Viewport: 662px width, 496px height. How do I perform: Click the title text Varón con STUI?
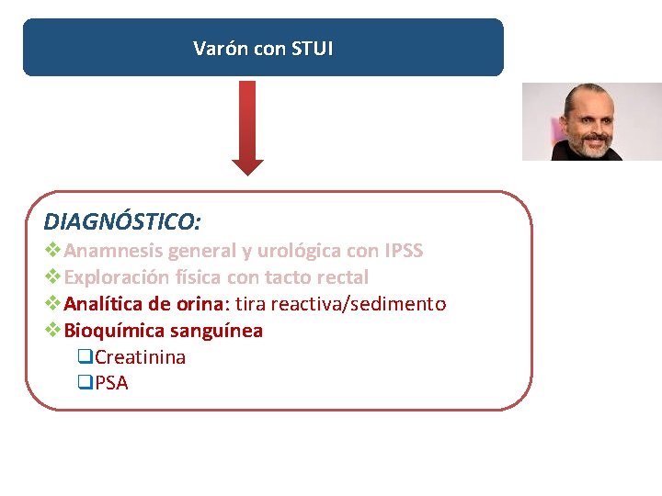click(x=263, y=49)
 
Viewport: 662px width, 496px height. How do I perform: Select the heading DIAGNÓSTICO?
click(x=122, y=221)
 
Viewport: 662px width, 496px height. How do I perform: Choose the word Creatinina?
click(x=140, y=357)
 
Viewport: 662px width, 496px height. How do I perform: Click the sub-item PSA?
click(x=111, y=383)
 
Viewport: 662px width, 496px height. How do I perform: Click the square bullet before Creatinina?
click(x=86, y=357)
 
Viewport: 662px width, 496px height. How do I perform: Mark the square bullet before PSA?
click(x=86, y=383)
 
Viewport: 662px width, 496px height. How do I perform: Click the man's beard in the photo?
click(x=589, y=145)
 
